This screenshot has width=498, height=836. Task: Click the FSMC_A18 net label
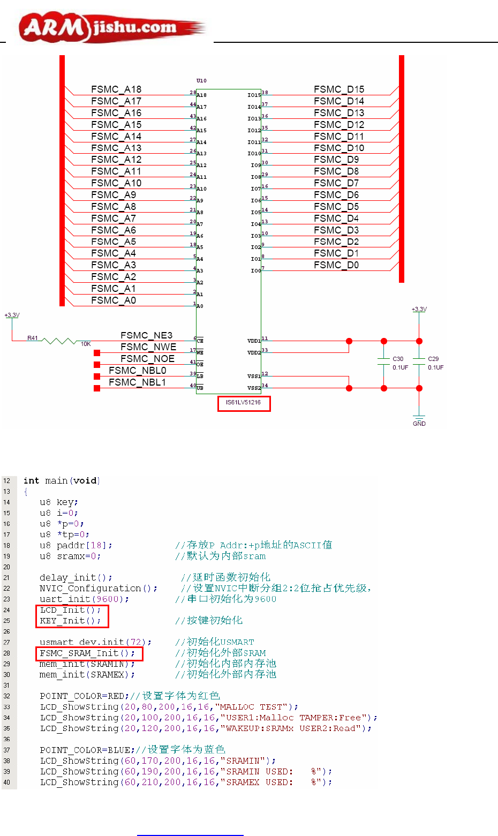click(116, 89)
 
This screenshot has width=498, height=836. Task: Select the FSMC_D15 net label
click(339, 89)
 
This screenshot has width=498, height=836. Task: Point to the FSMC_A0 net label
click(114, 300)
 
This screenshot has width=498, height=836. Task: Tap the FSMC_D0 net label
click(336, 265)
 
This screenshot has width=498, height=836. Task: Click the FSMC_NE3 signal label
click(146, 336)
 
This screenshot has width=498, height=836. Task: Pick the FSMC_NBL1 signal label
click(137, 382)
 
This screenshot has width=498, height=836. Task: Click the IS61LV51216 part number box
click(244, 403)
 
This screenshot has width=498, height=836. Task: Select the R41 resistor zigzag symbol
click(60, 341)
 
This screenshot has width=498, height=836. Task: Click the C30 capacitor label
click(398, 359)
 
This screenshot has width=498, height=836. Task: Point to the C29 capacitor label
click(433, 359)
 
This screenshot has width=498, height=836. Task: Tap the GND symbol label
click(419, 424)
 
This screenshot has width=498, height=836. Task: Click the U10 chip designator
click(201, 81)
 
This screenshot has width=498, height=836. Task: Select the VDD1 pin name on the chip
click(254, 341)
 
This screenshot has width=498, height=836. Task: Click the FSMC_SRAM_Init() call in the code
click(87, 653)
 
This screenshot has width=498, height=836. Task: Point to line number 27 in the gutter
click(7, 642)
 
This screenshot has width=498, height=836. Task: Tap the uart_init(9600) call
click(84, 599)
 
